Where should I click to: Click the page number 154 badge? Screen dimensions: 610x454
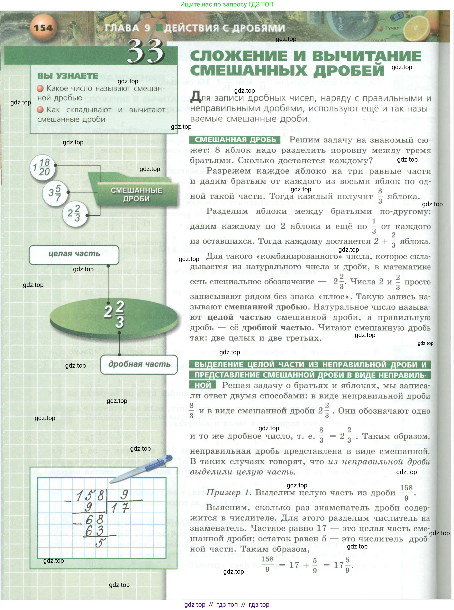click(43, 28)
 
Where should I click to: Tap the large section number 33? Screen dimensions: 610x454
click(146, 52)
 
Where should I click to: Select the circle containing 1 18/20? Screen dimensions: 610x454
click(43, 167)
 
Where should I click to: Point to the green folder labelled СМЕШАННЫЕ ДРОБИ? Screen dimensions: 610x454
click(137, 194)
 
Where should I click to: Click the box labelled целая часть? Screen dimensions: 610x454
click(74, 254)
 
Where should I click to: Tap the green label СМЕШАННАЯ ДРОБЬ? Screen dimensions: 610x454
click(235, 140)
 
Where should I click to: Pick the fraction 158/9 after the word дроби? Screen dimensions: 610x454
click(406, 492)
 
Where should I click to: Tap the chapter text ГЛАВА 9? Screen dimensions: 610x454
click(128, 28)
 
